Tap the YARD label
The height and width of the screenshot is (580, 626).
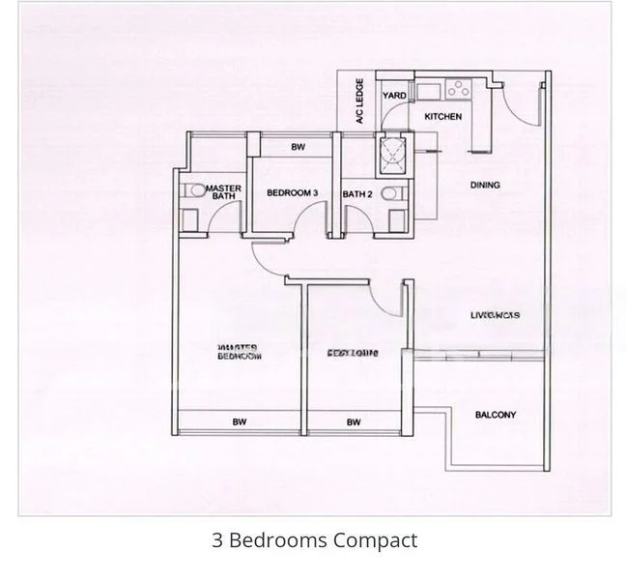(x=393, y=96)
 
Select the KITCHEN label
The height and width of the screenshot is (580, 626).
(x=442, y=117)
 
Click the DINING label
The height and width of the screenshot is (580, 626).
(x=484, y=185)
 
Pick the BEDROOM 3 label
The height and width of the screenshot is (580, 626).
(x=293, y=193)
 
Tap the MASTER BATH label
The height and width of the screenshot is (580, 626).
(x=224, y=191)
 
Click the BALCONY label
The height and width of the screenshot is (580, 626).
(x=495, y=415)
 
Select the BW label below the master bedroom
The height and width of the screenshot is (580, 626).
(x=237, y=421)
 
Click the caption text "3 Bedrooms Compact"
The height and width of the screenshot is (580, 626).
(x=314, y=539)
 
